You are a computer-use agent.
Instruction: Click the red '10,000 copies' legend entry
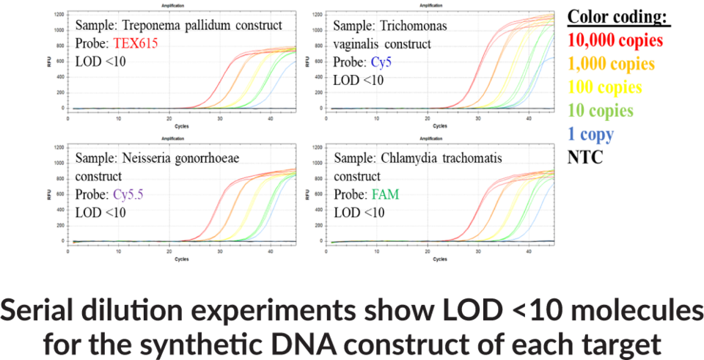click(x=616, y=40)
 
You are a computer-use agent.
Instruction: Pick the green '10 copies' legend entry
click(x=601, y=111)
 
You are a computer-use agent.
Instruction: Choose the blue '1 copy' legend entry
click(x=591, y=135)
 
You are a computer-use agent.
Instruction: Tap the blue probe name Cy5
click(x=381, y=62)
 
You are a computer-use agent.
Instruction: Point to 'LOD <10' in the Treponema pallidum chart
click(x=100, y=61)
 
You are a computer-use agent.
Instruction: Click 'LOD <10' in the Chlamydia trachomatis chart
click(x=359, y=213)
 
